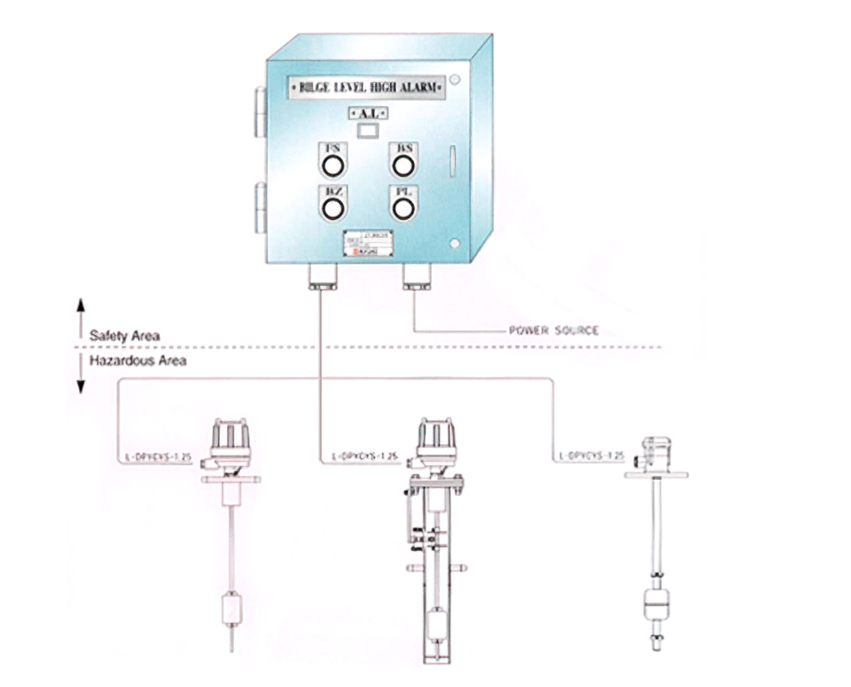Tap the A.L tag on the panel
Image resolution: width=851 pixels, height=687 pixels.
click(x=367, y=114)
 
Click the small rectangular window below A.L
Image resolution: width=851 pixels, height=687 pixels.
click(x=367, y=131)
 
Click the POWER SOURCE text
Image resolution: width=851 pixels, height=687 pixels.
click(x=553, y=331)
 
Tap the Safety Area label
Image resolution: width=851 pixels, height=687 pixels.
click(x=125, y=336)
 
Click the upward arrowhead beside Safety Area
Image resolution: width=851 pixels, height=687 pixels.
click(x=80, y=305)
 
